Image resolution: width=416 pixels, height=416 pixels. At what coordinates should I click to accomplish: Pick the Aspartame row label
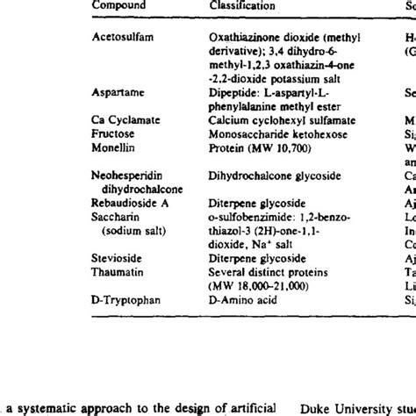[118, 90]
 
